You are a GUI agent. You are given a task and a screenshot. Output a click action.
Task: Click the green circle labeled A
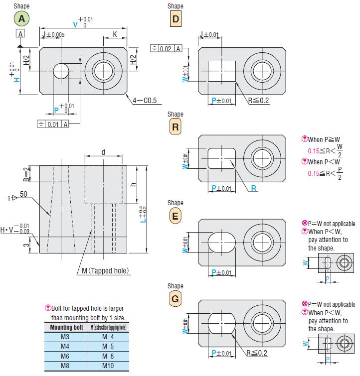21,19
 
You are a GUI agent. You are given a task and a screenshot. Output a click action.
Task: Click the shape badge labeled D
175,19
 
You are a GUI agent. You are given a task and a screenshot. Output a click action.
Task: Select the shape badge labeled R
175,127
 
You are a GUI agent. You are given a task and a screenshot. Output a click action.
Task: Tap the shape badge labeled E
175,216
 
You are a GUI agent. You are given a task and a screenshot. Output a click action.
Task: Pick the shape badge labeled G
175,299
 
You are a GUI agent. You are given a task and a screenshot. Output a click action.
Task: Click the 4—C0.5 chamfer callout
145,100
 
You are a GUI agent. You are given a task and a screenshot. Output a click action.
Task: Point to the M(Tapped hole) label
105,271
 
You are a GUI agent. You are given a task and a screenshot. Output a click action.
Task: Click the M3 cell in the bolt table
65,337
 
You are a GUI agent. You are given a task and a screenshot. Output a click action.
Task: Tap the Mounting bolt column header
65,327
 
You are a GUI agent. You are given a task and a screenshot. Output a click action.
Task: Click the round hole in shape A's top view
62,71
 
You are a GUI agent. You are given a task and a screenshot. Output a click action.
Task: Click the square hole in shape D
221,71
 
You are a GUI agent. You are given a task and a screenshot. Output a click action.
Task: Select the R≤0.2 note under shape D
258,100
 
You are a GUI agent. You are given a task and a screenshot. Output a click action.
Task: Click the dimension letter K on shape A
115,35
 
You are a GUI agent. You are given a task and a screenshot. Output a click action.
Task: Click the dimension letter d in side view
103,152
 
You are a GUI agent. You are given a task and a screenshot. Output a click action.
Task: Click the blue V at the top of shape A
75,24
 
